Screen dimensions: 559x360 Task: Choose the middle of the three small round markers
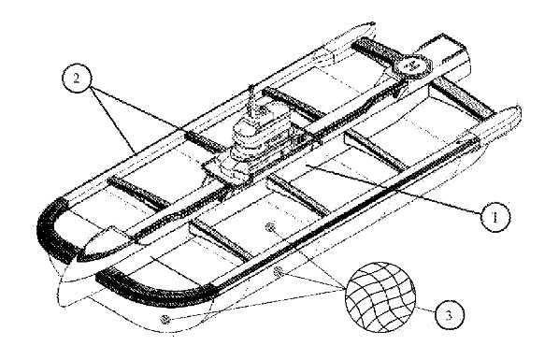(x=279, y=271)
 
